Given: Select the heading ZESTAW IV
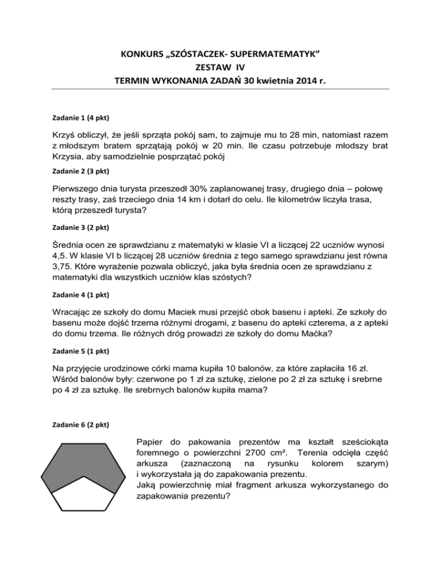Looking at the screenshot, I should point(220,68).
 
